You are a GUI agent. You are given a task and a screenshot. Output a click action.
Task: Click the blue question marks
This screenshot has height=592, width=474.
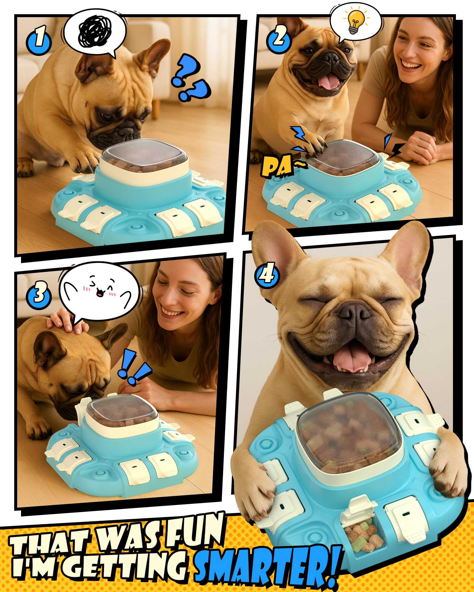[x=190, y=78]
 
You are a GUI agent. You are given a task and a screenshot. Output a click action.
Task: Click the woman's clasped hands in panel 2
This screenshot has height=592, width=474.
[x=422, y=147]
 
